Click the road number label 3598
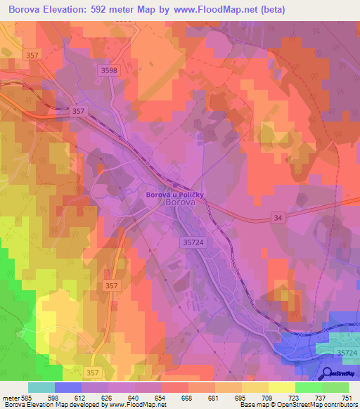pos(109,70)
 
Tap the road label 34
pos(278,219)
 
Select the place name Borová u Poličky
pos(174,194)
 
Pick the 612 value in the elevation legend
pos(89,397)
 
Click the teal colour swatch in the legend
pos(41,387)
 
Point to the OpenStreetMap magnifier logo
pos(328,373)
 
